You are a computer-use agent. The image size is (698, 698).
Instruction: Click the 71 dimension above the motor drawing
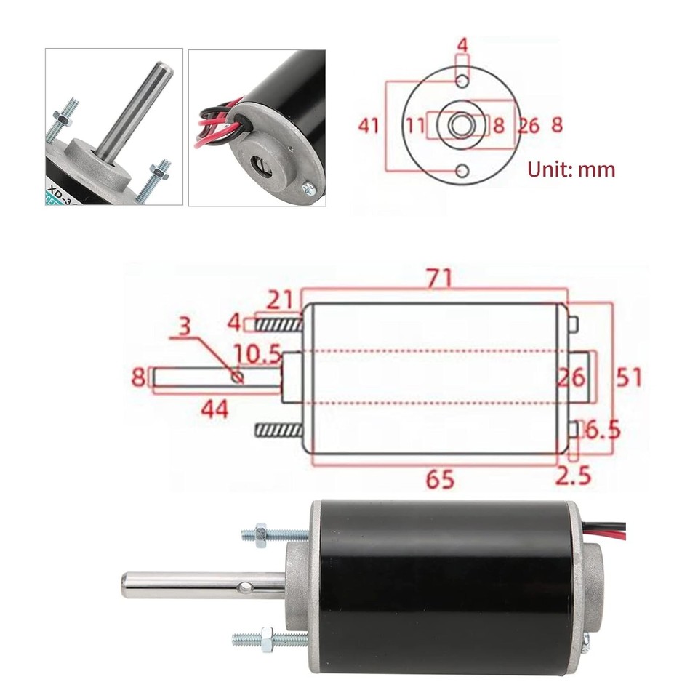(x=440, y=278)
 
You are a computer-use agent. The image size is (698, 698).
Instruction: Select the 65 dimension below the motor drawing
(x=440, y=479)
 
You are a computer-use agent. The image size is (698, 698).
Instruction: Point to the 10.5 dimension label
(x=257, y=353)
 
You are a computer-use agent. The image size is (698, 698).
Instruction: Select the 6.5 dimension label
(x=601, y=430)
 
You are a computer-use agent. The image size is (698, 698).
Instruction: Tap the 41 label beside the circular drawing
(x=369, y=126)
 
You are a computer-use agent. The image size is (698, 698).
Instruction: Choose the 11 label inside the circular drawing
(x=415, y=126)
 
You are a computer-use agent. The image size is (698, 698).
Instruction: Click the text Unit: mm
(x=571, y=170)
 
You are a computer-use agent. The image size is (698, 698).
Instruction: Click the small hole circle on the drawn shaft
(x=237, y=376)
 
